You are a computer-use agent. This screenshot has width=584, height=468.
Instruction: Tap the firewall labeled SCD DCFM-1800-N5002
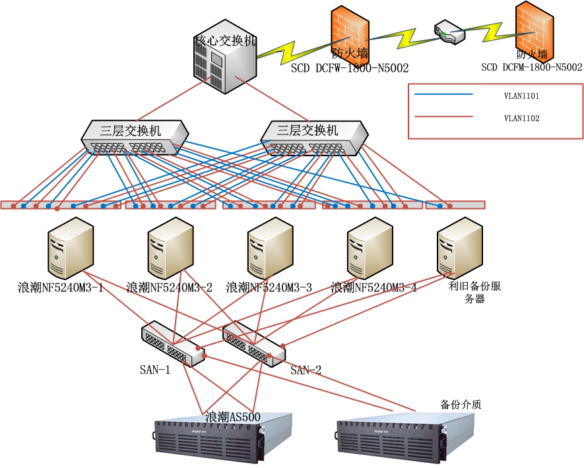[x=533, y=30]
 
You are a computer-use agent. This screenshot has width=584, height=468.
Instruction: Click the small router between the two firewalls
[x=450, y=32]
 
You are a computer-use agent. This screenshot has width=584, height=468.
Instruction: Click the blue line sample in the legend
[x=443, y=95]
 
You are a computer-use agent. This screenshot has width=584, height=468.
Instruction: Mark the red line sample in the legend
[x=443, y=117]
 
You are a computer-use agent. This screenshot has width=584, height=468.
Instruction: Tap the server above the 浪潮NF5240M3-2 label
[x=170, y=249]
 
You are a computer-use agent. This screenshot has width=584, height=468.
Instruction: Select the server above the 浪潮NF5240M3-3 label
[x=269, y=249]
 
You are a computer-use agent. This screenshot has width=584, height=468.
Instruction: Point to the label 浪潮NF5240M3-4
[x=373, y=287]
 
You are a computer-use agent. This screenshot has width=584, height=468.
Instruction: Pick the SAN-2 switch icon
[x=253, y=343]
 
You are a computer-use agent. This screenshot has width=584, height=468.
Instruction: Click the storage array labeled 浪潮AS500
[x=223, y=441]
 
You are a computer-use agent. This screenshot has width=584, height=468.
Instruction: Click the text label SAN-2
[x=306, y=370]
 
